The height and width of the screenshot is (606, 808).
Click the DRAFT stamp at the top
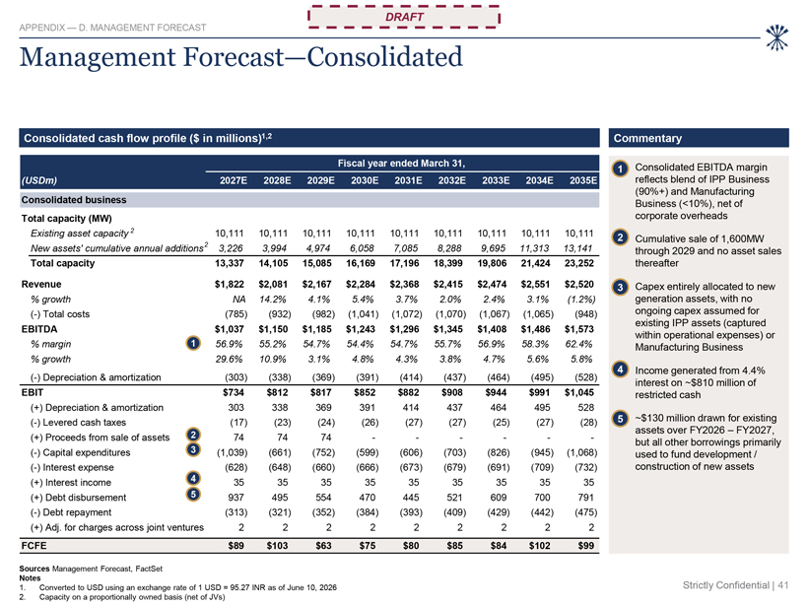(x=404, y=17)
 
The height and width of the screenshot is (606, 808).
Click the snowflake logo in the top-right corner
(x=776, y=37)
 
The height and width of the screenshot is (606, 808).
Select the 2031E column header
(x=408, y=180)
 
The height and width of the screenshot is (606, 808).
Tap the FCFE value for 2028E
(x=277, y=545)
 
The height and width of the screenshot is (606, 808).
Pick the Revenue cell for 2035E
(x=579, y=284)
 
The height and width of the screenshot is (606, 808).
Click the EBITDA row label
(x=39, y=329)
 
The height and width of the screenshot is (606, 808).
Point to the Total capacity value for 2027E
(x=230, y=263)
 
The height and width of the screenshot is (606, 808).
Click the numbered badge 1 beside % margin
(x=193, y=343)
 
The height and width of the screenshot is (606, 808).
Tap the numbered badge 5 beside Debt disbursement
(x=193, y=495)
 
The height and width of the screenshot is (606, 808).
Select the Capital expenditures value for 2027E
(x=232, y=452)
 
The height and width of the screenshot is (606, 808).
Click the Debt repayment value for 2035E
(x=586, y=512)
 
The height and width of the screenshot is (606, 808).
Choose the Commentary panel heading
(x=647, y=138)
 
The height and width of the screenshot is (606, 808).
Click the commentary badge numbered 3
(x=621, y=287)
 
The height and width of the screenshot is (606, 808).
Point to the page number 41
(x=783, y=585)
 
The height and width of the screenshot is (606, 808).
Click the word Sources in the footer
(x=34, y=569)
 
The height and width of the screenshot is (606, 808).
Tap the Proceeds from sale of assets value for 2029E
(x=326, y=438)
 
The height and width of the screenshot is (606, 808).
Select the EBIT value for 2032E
(x=452, y=392)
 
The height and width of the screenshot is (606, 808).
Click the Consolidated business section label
(x=74, y=199)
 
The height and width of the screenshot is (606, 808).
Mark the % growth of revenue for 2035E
(x=581, y=300)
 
